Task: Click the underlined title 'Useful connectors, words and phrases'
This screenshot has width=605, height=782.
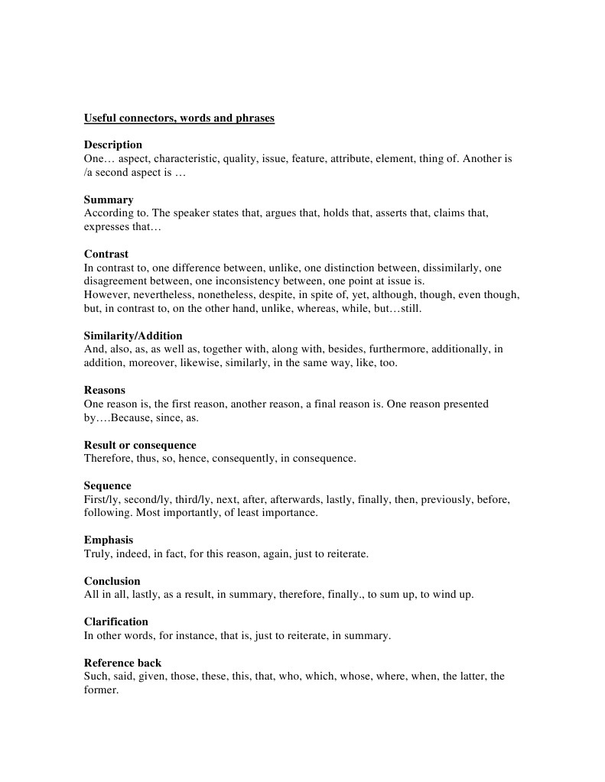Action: (x=179, y=118)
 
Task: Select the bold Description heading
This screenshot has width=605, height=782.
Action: (x=113, y=145)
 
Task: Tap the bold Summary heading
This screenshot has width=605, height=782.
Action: (x=109, y=200)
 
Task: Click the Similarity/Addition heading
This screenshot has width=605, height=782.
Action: (x=133, y=336)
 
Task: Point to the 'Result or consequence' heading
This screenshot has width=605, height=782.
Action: (x=140, y=445)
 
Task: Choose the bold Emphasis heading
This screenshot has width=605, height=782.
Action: (x=109, y=540)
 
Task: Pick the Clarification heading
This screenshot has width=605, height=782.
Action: (x=116, y=621)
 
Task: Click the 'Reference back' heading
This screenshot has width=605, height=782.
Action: (x=122, y=663)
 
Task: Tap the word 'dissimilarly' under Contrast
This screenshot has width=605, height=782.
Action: (x=455, y=268)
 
